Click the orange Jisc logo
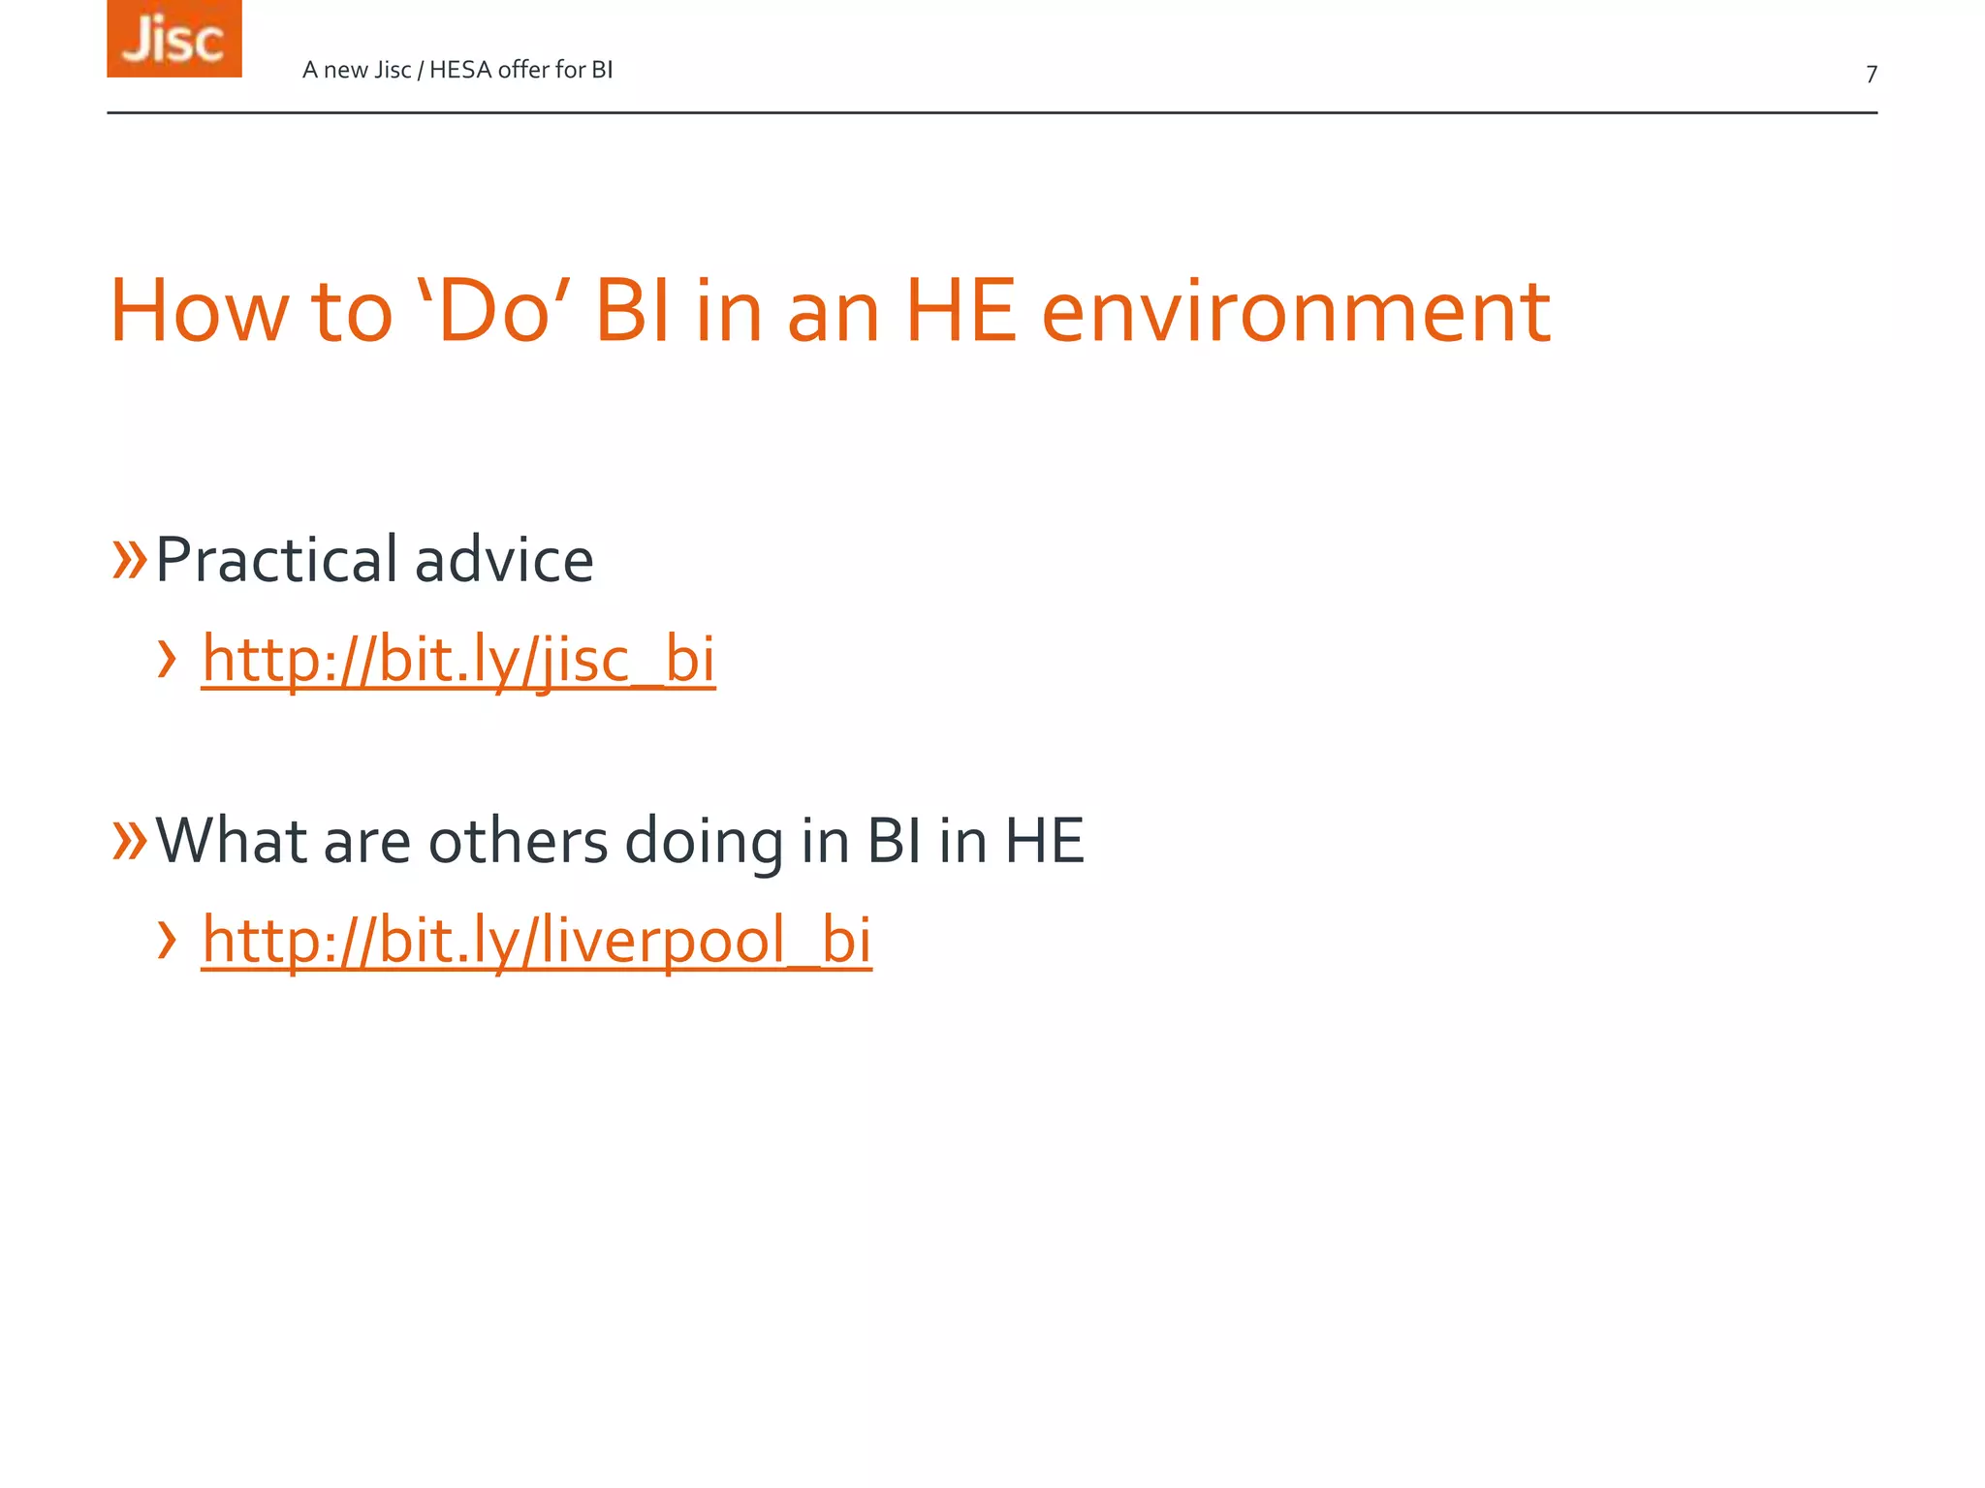pyautogui.click(x=174, y=39)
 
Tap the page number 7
pyautogui.click(x=1872, y=75)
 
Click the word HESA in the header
pyautogui.click(x=460, y=70)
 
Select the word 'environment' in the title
pyautogui.click(x=1296, y=312)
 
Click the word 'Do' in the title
pyautogui.click(x=493, y=312)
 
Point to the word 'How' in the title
pyautogui.click(x=200, y=312)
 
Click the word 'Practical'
pyautogui.click(x=277, y=561)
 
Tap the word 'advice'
pyautogui.click(x=504, y=561)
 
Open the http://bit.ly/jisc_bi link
pyautogui.click(x=458, y=660)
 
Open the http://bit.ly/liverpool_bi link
pyautogui.click(x=537, y=941)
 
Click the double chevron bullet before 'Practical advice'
pyautogui.click(x=129, y=559)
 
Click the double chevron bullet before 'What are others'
pyautogui.click(x=129, y=839)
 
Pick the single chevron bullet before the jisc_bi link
pyautogui.click(x=167, y=660)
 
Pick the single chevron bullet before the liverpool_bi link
pyautogui.click(x=167, y=940)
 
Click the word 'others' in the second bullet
pyautogui.click(x=518, y=841)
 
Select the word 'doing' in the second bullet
pyautogui.click(x=704, y=841)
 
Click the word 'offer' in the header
pyautogui.click(x=523, y=70)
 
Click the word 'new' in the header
pyautogui.click(x=345, y=71)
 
